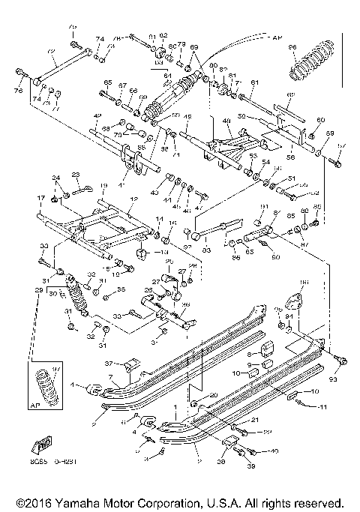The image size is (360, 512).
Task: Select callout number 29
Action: [x=28, y=289]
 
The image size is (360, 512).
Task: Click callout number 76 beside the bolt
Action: [x=19, y=91]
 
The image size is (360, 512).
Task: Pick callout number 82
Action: [x=163, y=36]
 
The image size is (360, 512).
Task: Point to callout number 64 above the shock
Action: [x=167, y=75]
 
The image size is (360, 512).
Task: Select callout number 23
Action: [x=75, y=174]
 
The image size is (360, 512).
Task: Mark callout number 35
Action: [x=121, y=289]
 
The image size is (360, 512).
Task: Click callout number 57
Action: [x=342, y=145]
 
